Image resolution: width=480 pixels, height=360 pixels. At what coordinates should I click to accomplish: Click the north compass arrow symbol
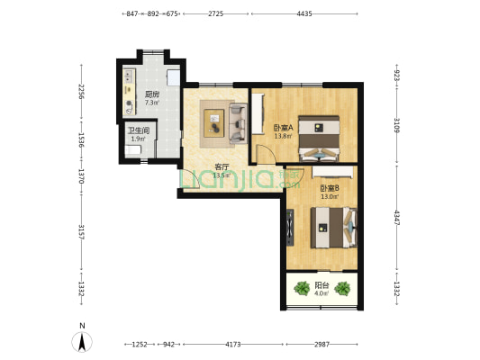point(82,342)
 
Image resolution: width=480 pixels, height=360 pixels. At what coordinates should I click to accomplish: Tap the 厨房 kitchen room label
point(152,94)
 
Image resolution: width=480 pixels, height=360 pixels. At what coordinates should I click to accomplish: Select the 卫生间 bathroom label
point(139,130)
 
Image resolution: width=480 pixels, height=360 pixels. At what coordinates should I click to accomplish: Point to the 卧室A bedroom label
point(283,127)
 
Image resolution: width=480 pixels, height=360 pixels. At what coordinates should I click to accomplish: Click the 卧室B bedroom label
point(330,188)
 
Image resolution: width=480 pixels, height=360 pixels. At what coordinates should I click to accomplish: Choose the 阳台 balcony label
point(322,285)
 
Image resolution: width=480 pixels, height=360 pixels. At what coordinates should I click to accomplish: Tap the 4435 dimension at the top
point(304,13)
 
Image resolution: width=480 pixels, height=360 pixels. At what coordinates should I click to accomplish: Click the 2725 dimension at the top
point(216,13)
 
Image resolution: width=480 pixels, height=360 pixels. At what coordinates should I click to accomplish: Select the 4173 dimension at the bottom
point(233,345)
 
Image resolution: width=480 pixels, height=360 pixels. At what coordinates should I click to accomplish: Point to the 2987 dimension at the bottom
point(322,345)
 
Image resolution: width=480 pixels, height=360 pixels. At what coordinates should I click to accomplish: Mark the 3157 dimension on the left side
point(81,232)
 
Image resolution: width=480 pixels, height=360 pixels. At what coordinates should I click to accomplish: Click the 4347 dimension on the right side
point(397,218)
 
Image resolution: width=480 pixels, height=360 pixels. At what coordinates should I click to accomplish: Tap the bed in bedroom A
point(319,139)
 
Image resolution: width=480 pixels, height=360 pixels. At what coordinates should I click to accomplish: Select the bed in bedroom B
point(334,228)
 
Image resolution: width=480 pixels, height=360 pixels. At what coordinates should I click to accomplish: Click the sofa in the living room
point(239,123)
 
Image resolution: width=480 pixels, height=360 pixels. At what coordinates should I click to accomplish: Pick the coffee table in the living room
point(214,123)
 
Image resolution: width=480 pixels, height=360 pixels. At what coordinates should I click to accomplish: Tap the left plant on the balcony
point(302,288)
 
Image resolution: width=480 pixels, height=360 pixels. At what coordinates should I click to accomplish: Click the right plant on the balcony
point(342,288)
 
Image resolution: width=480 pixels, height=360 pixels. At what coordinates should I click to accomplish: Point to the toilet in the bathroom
point(133,150)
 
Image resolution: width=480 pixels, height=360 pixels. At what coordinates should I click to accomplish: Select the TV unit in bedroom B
point(290,228)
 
